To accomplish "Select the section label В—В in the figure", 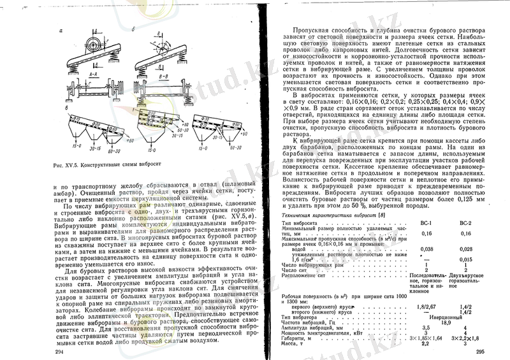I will tap(145, 74).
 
